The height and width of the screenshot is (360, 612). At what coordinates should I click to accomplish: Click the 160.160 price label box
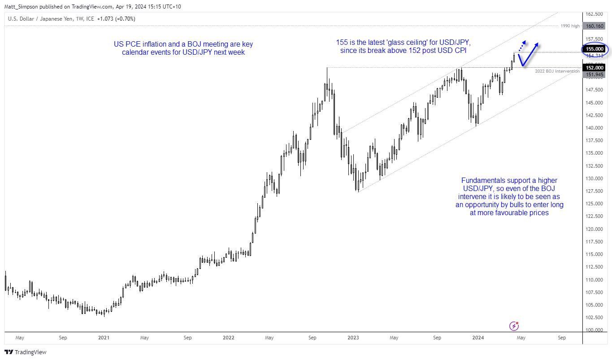click(x=594, y=26)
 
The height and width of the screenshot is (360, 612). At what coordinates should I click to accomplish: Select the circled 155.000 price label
click(x=594, y=49)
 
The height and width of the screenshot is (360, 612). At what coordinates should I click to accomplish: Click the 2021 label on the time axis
click(x=104, y=338)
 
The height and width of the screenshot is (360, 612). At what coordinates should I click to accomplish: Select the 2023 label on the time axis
click(x=354, y=338)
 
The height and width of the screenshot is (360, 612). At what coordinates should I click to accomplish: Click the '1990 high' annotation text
click(x=569, y=26)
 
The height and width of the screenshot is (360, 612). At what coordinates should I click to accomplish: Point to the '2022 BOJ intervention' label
click(x=557, y=71)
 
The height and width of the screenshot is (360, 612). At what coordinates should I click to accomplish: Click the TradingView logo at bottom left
click(x=26, y=352)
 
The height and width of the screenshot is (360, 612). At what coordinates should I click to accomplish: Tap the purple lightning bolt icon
click(x=515, y=326)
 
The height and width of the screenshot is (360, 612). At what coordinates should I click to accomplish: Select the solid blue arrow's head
click(x=537, y=45)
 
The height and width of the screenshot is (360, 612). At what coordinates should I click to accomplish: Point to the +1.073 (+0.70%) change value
click(x=114, y=19)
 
